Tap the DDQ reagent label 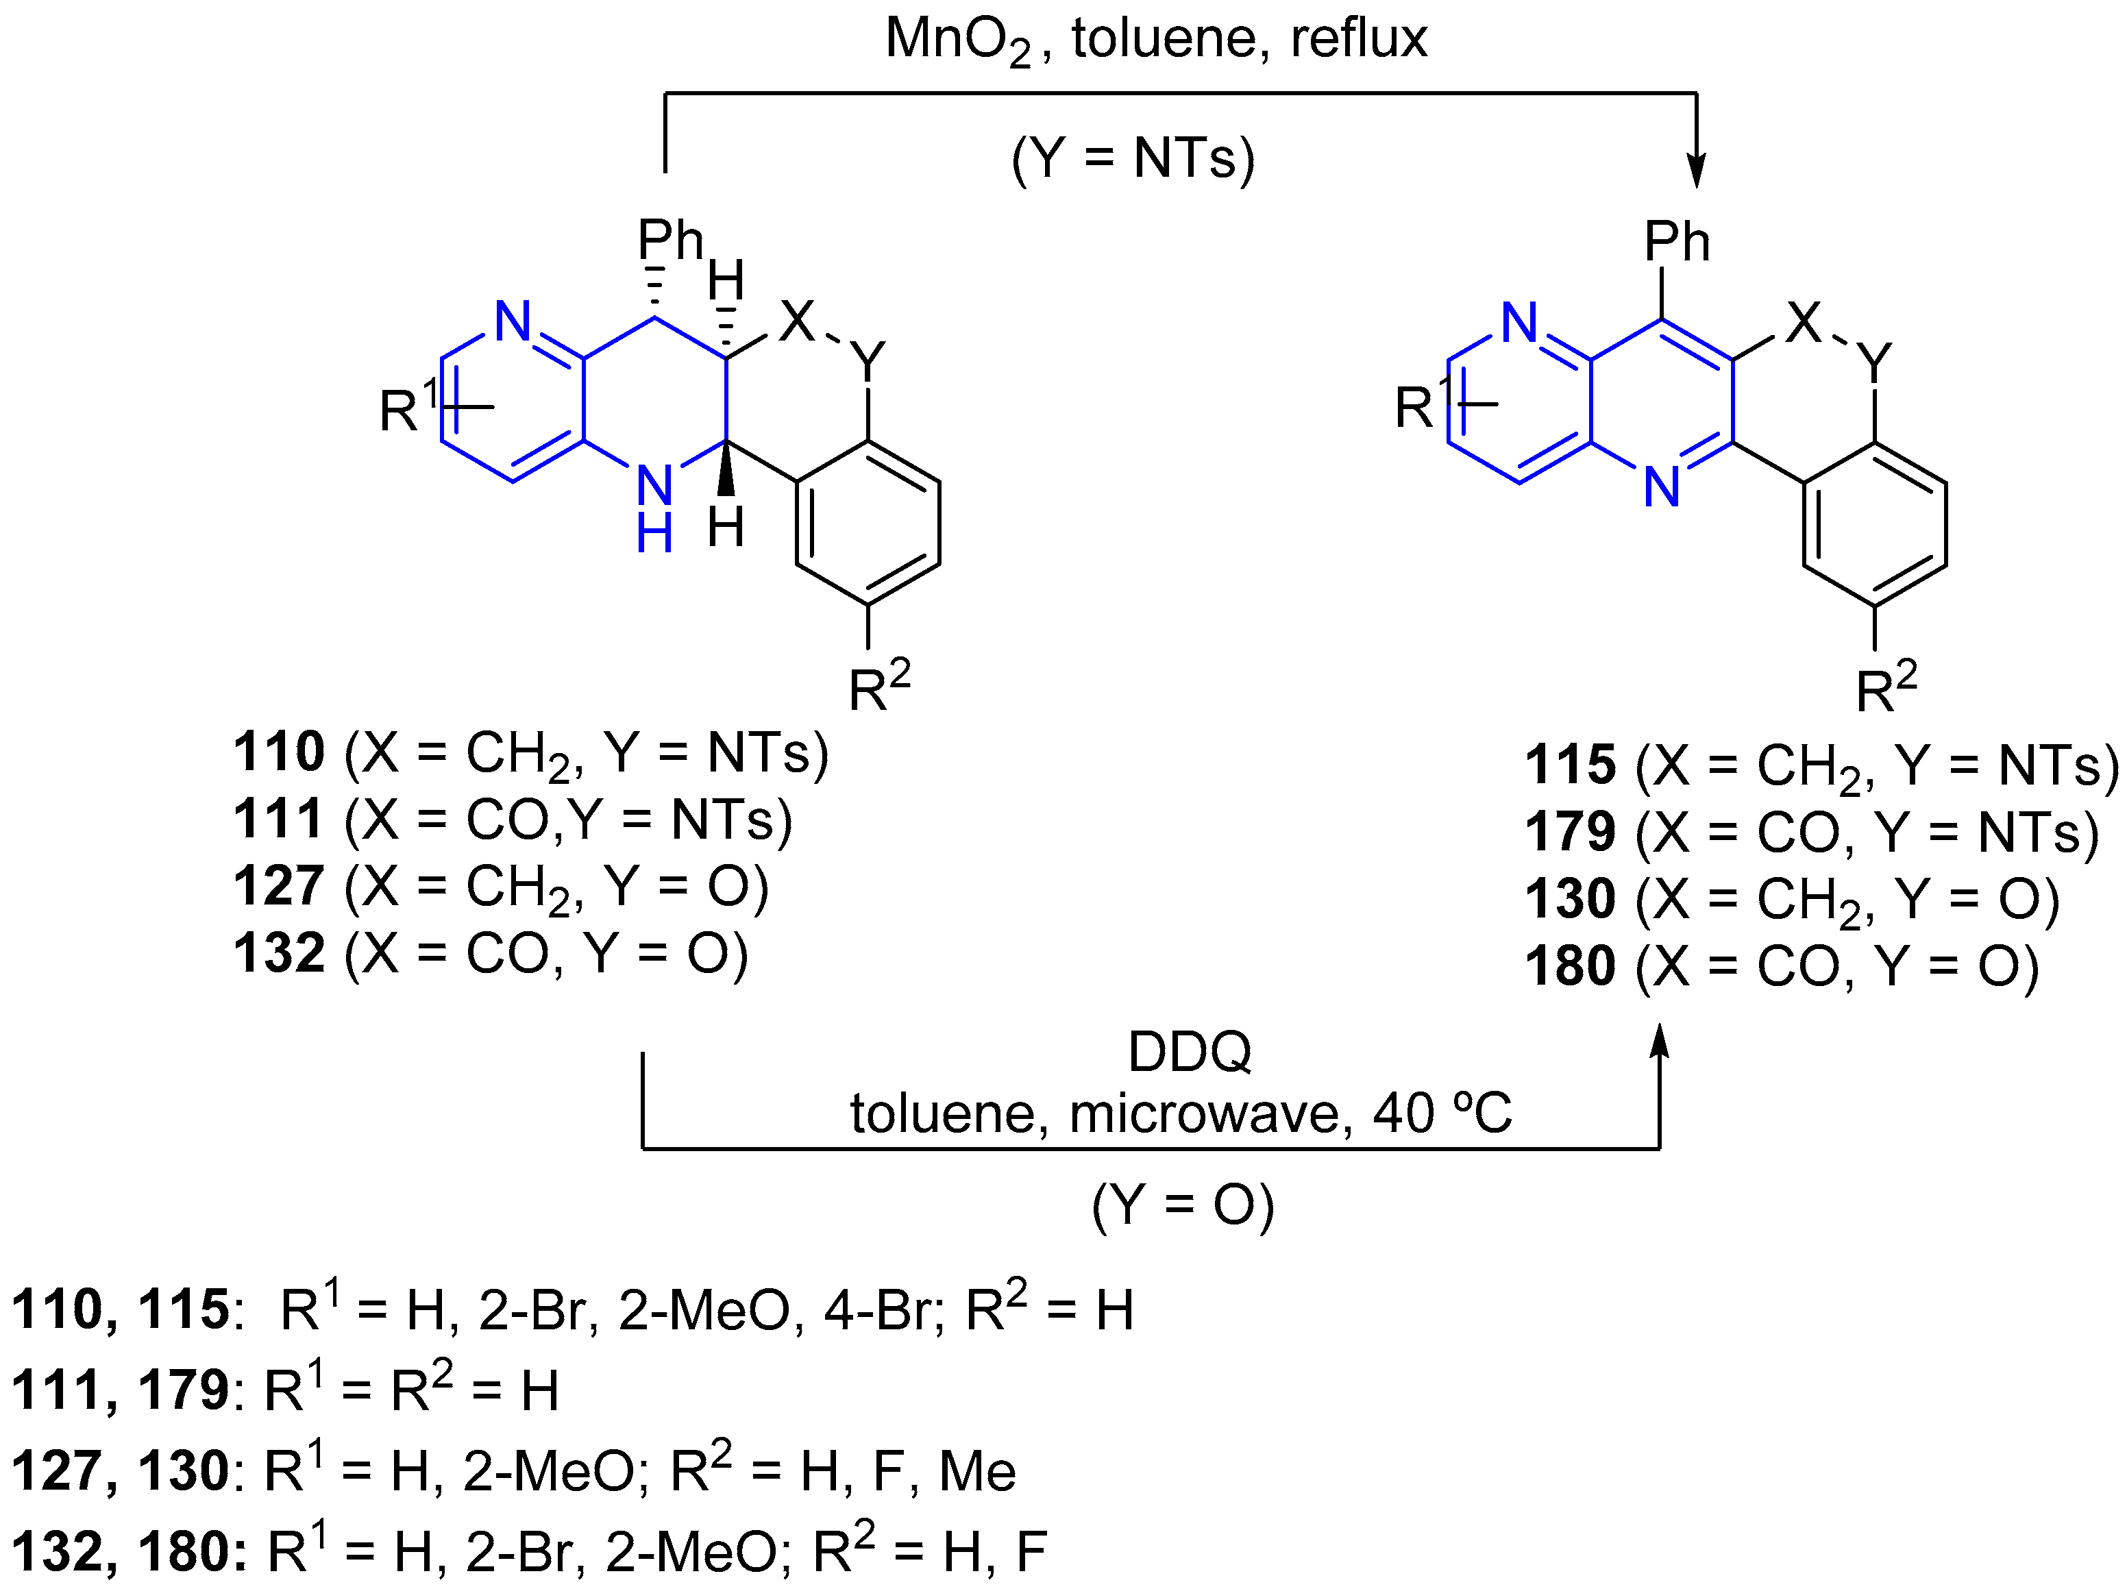pyautogui.click(x=1190, y=1052)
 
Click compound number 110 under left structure pyautogui.click(x=279, y=752)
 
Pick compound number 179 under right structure pyautogui.click(x=1571, y=832)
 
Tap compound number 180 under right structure pyautogui.click(x=1571, y=966)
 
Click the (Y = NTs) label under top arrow pyautogui.click(x=1133, y=158)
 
